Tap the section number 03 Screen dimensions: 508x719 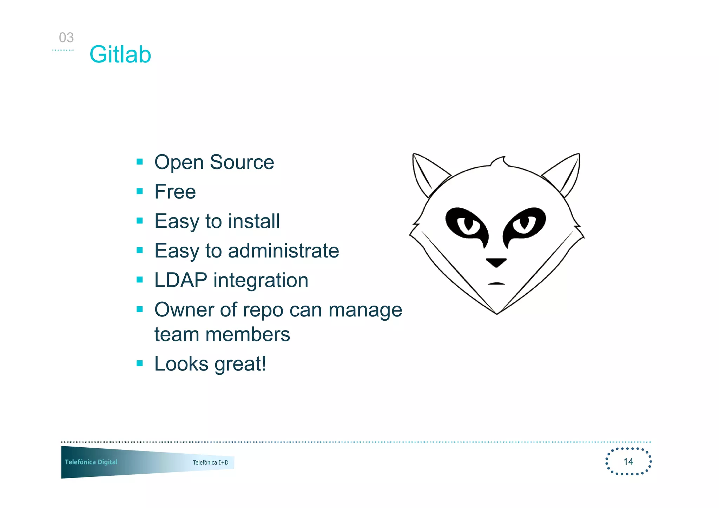pyautogui.click(x=66, y=38)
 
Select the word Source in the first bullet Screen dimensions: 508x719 pyautogui.click(x=242, y=162)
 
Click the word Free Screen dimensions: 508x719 pyautogui.click(x=175, y=192)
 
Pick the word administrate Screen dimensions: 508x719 pyautogui.click(x=283, y=250)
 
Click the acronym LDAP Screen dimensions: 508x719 pyautogui.click(x=181, y=280)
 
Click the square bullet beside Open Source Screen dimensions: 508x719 pyautogui.click(x=140, y=162)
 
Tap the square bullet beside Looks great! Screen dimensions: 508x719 pyautogui.click(x=140, y=363)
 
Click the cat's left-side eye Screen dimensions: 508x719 pyautogui.click(x=467, y=225)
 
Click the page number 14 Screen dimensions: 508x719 pyautogui.click(x=628, y=461)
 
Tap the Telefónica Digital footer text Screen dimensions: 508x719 pyautogui.click(x=91, y=462)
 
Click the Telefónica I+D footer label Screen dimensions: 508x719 pyautogui.click(x=210, y=462)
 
